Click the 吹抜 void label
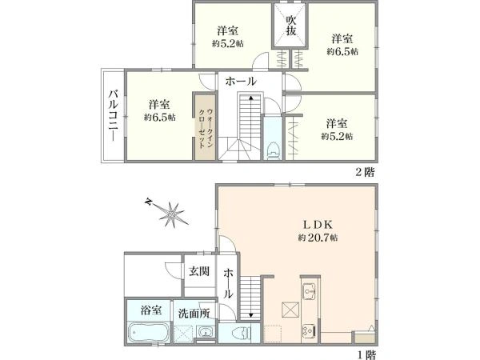point(291,26)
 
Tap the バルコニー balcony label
point(114,115)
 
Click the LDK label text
point(318,225)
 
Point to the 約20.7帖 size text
point(318,238)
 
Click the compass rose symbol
point(170,213)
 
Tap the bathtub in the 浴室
point(149,333)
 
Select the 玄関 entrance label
point(199,271)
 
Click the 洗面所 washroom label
point(194,313)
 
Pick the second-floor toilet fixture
point(273,150)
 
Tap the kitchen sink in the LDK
point(309,292)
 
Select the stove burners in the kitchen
point(308,330)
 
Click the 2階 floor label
point(365,172)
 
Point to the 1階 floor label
point(367,355)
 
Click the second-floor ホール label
point(241,82)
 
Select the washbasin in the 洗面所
point(206,331)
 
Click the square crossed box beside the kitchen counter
point(290,310)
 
